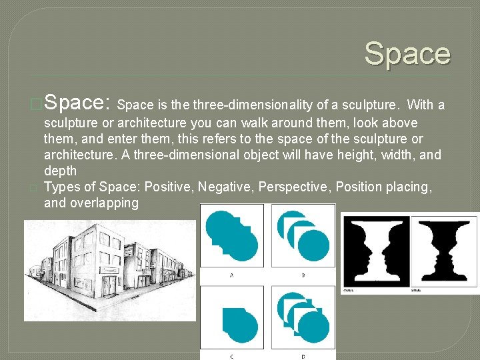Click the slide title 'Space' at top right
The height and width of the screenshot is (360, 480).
[x=407, y=54]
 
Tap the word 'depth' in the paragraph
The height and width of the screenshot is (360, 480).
[x=60, y=171]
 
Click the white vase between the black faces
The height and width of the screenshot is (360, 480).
[x=374, y=251]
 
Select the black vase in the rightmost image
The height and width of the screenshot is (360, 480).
[x=445, y=251]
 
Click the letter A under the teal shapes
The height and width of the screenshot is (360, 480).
[x=231, y=274]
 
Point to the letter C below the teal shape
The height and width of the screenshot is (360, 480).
[x=231, y=355]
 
